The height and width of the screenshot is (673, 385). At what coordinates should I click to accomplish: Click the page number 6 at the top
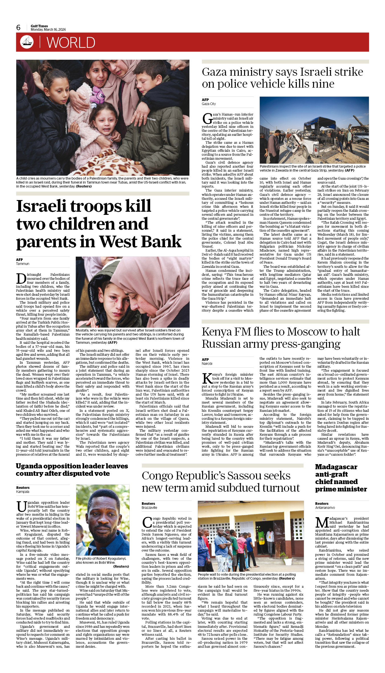click(x=19, y=28)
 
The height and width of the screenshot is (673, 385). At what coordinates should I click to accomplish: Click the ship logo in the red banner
click(x=27, y=42)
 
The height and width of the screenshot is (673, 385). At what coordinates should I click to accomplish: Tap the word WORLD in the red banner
click(x=71, y=43)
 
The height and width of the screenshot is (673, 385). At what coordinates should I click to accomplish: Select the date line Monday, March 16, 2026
click(x=48, y=30)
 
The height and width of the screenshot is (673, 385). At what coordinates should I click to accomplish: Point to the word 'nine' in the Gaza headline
click(x=322, y=84)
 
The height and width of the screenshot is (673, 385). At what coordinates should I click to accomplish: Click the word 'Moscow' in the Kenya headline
click(x=307, y=332)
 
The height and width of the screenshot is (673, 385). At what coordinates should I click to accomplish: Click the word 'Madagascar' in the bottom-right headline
click(x=336, y=467)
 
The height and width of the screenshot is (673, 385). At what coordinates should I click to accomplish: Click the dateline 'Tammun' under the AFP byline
click(x=23, y=264)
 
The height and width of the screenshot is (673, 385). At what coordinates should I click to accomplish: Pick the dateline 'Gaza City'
click(x=209, y=104)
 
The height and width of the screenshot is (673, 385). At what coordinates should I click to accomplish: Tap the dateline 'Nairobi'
click(x=207, y=364)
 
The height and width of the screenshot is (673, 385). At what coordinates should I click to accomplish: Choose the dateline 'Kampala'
click(x=23, y=492)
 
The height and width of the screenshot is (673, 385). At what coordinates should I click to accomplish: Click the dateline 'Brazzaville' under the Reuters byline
click(x=149, y=508)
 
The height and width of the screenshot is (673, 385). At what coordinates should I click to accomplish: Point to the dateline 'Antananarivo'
click(x=325, y=508)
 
